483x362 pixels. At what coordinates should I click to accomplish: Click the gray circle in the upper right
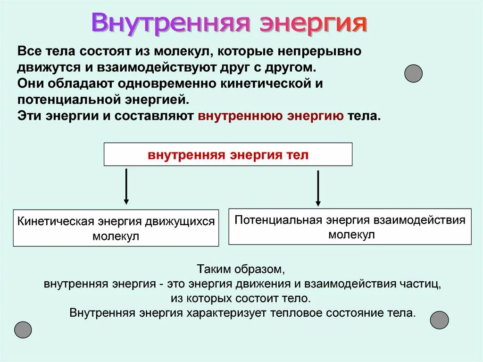tap(414, 74)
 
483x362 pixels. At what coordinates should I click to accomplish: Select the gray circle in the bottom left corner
tap(23, 329)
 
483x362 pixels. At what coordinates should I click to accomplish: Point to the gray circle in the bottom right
tap(439, 320)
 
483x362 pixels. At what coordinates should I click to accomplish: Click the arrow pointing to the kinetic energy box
tap(126, 186)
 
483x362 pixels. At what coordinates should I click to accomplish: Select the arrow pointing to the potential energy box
tap(318, 188)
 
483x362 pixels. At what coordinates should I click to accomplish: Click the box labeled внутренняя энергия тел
tap(228, 155)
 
